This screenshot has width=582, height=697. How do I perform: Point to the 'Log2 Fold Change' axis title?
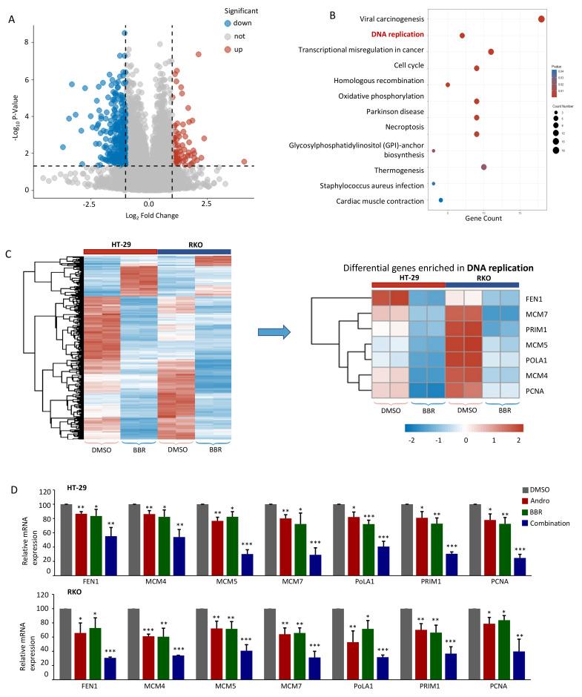(150, 216)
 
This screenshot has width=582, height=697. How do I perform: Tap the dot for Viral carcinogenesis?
(541, 19)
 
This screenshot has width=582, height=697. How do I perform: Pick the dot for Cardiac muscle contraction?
(441, 200)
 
